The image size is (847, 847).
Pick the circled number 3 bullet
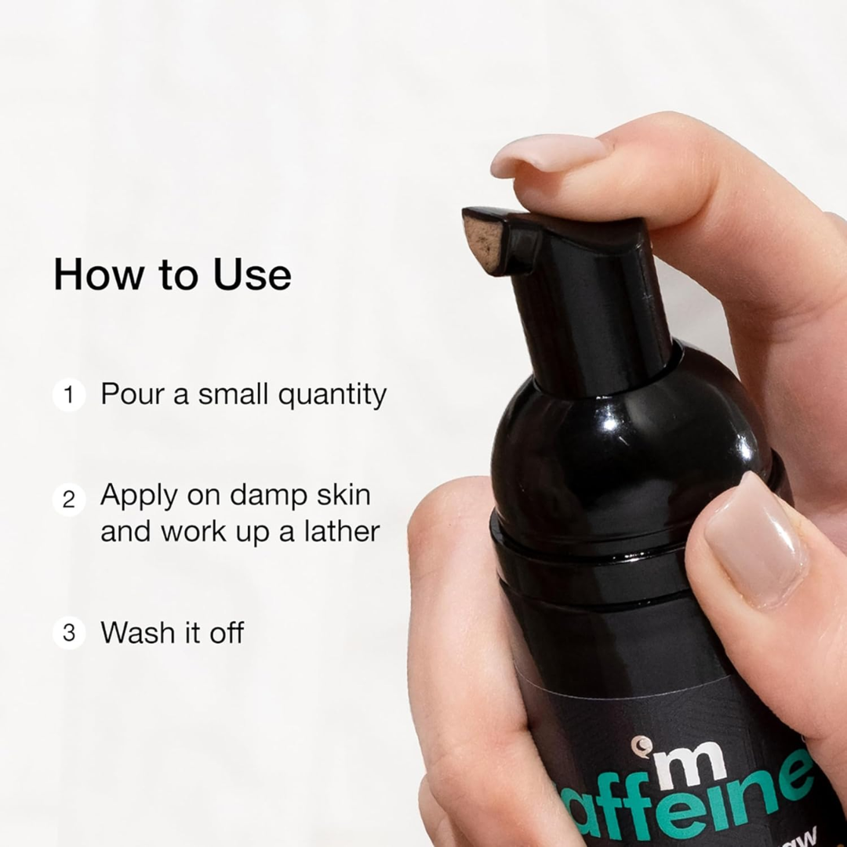click(69, 633)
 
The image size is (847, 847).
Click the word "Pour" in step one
click(130, 394)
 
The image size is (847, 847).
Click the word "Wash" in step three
click(136, 632)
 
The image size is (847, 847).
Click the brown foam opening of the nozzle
click(483, 244)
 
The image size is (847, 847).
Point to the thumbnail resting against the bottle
click(754, 540)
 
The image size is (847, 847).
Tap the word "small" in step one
click(233, 394)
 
